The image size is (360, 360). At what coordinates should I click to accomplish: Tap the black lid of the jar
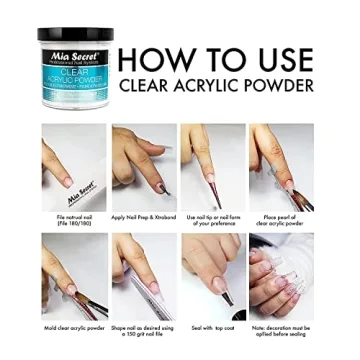coord(75,36)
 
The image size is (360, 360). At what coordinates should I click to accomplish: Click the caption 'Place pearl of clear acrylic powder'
coord(279,218)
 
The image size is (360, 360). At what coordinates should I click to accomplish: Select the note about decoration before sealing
coord(280,329)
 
